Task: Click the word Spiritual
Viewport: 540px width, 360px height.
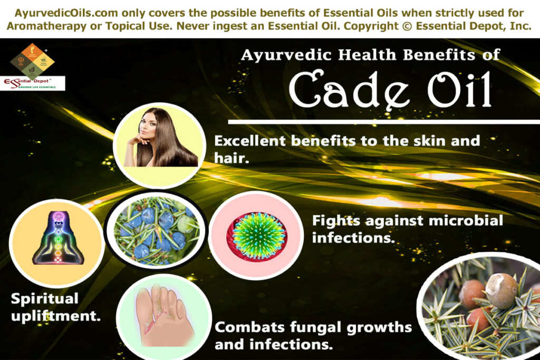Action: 45,299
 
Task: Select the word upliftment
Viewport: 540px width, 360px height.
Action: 56,317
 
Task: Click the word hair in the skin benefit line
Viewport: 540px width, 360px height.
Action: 231,158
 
